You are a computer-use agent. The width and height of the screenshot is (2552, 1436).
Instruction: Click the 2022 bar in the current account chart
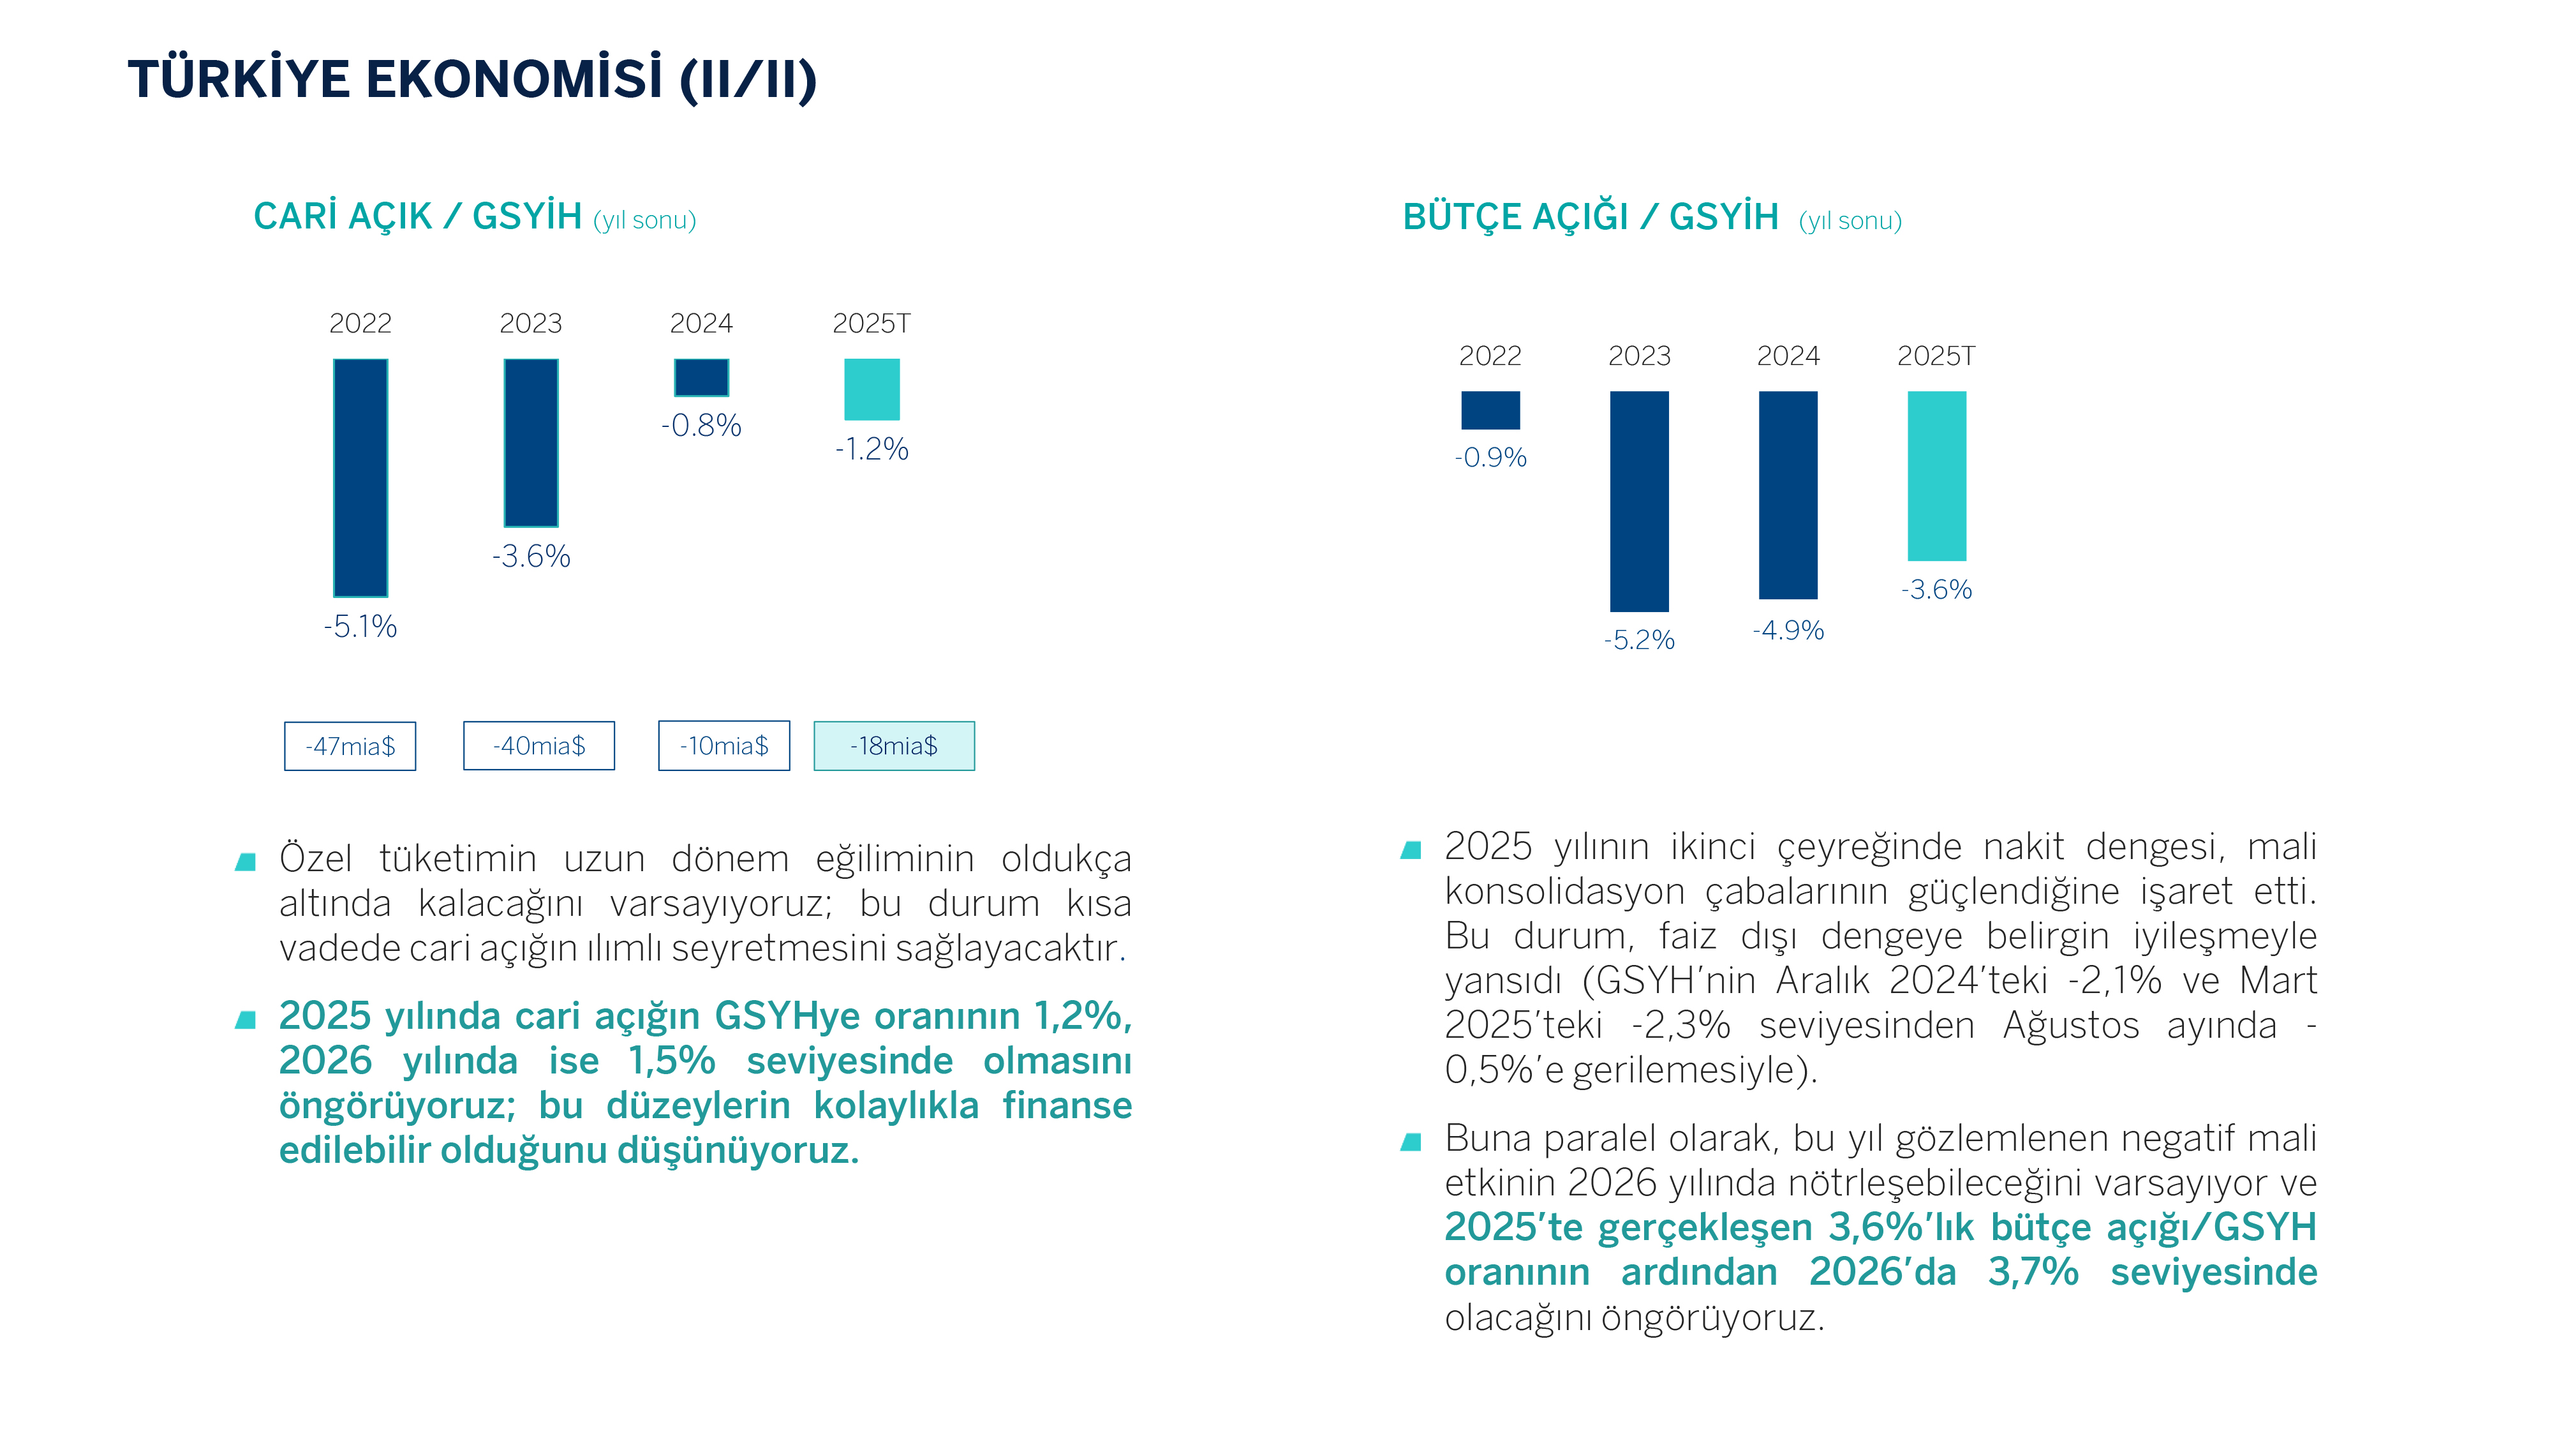(x=360, y=477)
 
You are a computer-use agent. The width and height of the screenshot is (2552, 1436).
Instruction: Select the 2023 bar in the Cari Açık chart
(x=531, y=442)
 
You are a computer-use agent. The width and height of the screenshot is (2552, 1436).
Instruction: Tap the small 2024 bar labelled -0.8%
(x=701, y=378)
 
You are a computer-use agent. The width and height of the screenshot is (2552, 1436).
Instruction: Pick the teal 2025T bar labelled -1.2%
(x=872, y=389)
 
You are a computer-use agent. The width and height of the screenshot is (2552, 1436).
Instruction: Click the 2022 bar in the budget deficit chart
(x=1490, y=410)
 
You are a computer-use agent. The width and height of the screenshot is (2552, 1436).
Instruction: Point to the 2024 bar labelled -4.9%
(x=1788, y=495)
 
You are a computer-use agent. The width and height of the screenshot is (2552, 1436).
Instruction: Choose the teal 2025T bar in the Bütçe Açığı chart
(x=1937, y=475)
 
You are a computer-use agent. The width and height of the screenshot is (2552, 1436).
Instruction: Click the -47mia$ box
(x=350, y=746)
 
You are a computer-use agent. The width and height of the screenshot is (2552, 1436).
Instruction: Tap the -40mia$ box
(x=539, y=746)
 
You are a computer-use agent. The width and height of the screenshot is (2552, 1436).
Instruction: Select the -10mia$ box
(x=724, y=746)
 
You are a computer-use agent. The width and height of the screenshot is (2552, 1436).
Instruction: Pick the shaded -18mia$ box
(x=894, y=746)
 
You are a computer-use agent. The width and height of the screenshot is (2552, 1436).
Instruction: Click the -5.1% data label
(x=360, y=626)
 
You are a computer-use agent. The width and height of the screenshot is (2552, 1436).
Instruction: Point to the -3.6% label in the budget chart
(x=1937, y=590)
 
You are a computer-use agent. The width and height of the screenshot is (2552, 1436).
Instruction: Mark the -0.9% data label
(x=1490, y=458)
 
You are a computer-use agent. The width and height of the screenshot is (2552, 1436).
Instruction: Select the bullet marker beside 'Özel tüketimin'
(x=246, y=861)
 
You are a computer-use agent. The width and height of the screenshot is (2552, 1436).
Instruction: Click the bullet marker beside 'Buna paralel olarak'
(x=1412, y=1142)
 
